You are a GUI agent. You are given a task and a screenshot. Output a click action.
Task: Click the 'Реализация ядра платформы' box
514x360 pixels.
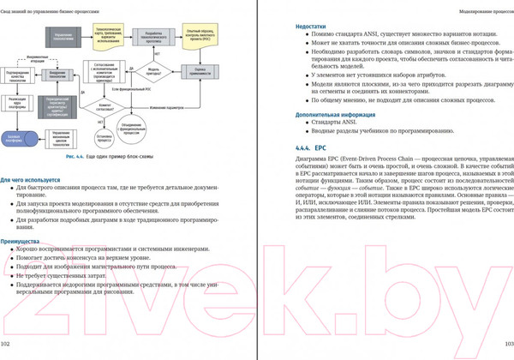point(15,104)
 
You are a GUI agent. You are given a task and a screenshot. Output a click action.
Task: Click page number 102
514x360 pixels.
point(6,344)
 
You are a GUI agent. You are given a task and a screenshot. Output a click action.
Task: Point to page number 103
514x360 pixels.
point(505,344)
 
